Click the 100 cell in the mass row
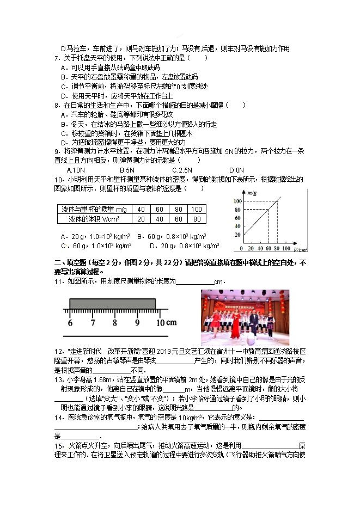click(197, 210)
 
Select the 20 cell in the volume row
click(141, 219)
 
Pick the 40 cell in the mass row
click(141, 210)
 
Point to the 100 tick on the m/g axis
click(237, 201)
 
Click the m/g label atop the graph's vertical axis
click(251, 193)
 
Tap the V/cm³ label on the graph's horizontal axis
click(300, 249)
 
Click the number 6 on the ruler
click(70, 323)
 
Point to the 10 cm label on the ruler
click(164, 323)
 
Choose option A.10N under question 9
click(75, 170)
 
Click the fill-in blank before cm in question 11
click(196, 282)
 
